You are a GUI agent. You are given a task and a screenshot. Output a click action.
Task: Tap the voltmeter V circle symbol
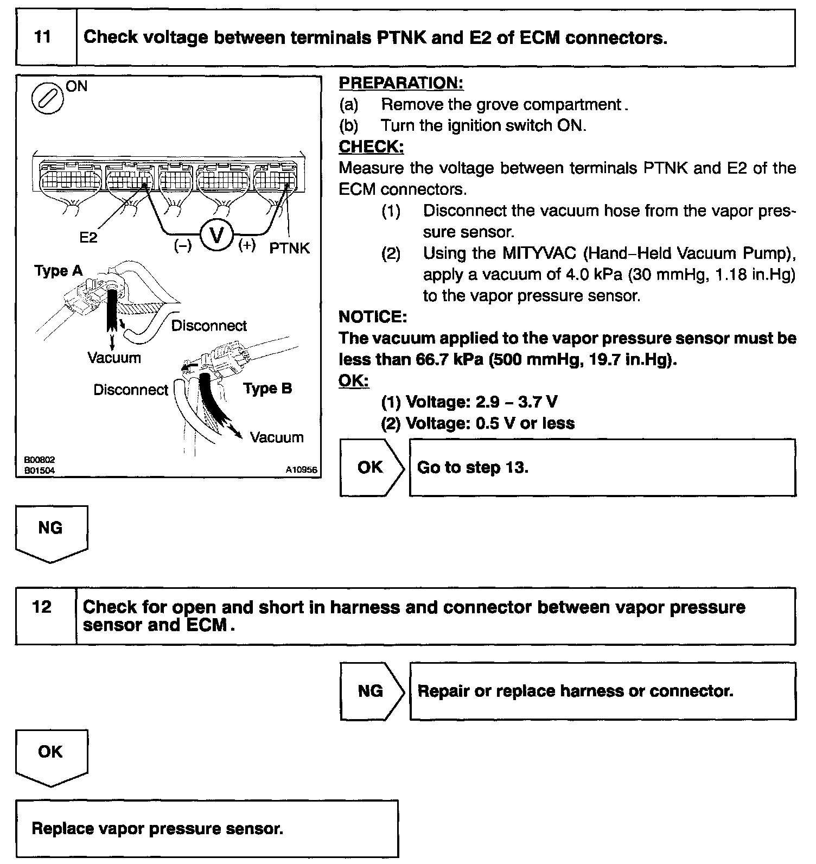coord(216,236)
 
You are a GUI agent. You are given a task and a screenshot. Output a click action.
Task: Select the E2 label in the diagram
coord(88,237)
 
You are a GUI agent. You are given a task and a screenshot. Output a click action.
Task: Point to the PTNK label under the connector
coord(289,248)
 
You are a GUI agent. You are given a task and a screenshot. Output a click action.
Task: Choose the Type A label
coord(59,271)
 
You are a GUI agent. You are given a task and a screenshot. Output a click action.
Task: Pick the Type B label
coord(267,389)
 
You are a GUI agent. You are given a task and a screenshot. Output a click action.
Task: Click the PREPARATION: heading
coord(401,83)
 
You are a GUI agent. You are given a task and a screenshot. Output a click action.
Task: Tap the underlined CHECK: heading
coord(371,147)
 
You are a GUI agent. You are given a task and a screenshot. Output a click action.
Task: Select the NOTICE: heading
coord(373,316)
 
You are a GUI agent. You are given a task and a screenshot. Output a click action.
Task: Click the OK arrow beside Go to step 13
coord(372,467)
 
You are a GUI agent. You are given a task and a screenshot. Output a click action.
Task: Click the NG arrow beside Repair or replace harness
coord(372,691)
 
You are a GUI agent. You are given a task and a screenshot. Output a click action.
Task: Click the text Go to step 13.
coord(473,467)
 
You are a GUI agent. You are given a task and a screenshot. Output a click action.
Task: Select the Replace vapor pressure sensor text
coord(157,829)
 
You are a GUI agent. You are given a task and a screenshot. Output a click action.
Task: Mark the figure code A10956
coord(302,470)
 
